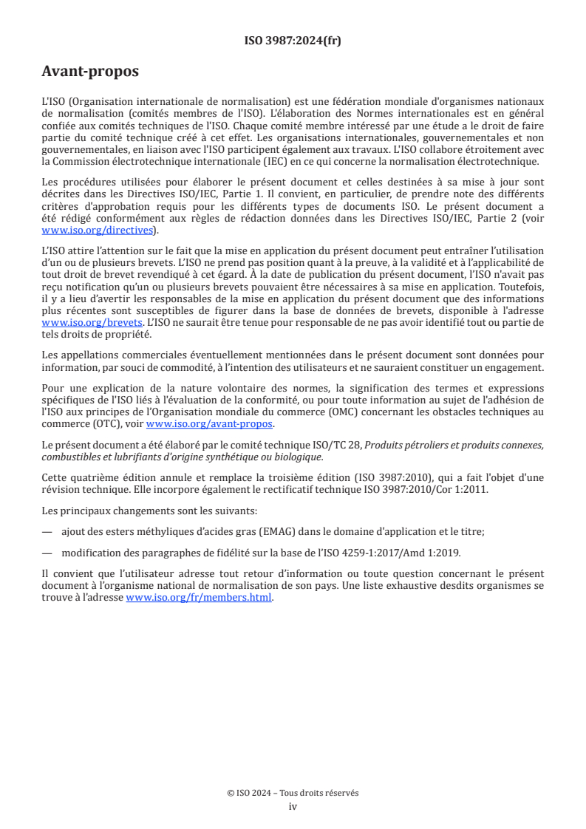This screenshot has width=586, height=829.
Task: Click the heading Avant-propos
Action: [x=90, y=72]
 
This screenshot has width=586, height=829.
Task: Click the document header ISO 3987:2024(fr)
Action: [x=293, y=41]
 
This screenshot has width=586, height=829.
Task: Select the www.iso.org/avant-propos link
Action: [x=210, y=423]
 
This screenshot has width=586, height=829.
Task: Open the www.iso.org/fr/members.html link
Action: [x=199, y=598]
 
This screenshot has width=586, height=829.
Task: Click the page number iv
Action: [x=293, y=806]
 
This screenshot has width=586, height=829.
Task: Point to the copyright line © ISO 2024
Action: [x=293, y=793]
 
